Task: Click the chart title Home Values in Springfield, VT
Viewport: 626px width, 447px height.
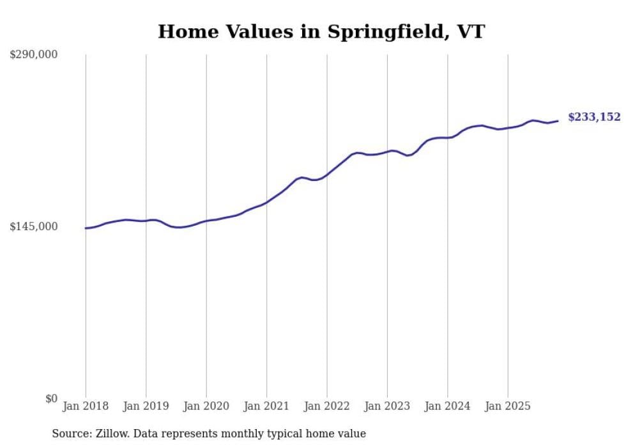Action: pos(321,31)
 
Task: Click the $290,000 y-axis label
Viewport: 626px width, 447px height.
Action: pos(34,55)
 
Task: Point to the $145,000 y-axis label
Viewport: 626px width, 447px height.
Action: pos(34,227)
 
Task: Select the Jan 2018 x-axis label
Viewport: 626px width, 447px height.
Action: pos(86,406)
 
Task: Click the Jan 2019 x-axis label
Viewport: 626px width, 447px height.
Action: pos(146,406)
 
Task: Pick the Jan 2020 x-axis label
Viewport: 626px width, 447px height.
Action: pos(206,406)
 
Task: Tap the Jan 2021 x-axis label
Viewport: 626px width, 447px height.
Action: pos(266,406)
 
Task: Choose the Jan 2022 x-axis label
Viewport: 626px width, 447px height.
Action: pos(327,406)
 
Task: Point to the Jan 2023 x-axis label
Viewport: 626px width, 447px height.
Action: pos(387,406)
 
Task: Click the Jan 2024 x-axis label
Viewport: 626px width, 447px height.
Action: pos(448,406)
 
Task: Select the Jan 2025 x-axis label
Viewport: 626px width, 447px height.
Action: pos(508,406)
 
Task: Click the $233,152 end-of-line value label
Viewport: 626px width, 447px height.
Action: pos(594,117)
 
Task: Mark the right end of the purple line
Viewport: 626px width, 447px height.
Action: pos(558,121)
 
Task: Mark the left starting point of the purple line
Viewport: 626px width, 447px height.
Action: pos(86,228)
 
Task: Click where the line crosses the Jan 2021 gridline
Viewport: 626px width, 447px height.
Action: pos(266,202)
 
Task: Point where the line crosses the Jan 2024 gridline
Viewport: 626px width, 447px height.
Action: pos(448,137)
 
